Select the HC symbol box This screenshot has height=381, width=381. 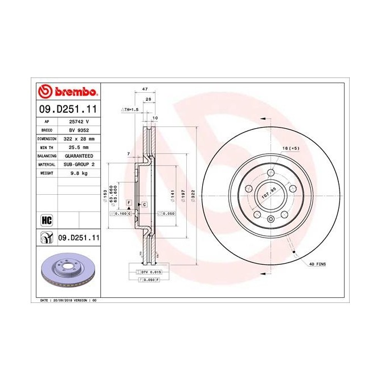tap(47, 219)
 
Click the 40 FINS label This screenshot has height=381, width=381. tap(317, 265)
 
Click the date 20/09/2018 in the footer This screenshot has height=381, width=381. tap(63, 299)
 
